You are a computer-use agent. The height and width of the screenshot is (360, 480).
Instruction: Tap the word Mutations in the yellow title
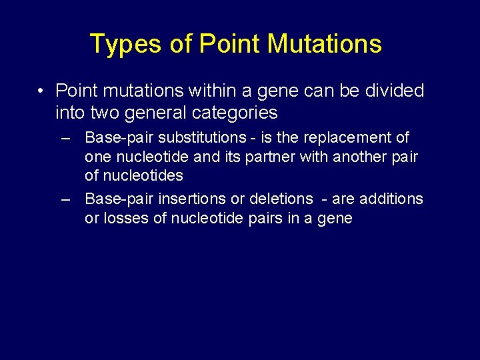pos(325,44)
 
